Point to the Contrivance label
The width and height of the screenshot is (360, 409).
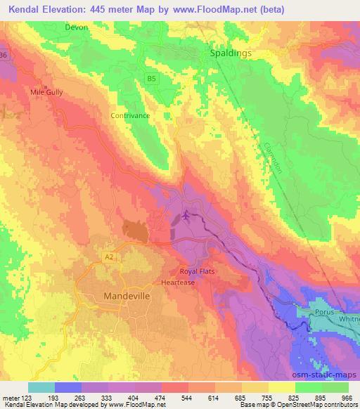coord(130,115)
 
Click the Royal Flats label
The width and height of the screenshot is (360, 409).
coord(198,271)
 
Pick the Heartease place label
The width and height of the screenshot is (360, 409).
coord(178,282)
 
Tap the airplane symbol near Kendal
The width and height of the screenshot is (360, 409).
coord(186,214)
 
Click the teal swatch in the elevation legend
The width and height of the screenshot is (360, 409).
coord(41,387)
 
